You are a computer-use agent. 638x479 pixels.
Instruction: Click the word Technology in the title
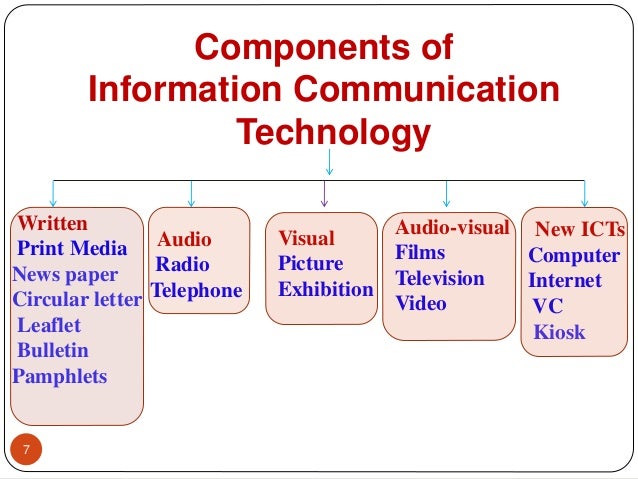[332, 131]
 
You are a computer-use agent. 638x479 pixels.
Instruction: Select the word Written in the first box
[54, 223]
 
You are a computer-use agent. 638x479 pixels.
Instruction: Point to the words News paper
[65, 274]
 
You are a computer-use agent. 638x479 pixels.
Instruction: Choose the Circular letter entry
[76, 299]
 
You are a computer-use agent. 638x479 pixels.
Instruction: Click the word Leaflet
[49, 325]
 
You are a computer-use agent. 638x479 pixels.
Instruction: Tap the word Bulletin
[53, 350]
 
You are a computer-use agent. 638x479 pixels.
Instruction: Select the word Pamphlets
[59, 377]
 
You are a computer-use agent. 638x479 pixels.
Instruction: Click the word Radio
[182, 265]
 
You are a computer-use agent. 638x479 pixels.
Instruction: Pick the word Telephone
[197, 291]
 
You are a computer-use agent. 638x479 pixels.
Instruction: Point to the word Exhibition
[325, 290]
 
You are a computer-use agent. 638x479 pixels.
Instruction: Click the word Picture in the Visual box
[310, 264]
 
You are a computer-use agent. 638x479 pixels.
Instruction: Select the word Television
[439, 278]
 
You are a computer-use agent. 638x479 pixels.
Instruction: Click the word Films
[420, 252]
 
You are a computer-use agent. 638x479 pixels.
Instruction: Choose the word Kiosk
[559, 331]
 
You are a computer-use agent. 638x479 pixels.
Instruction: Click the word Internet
[565, 280]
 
